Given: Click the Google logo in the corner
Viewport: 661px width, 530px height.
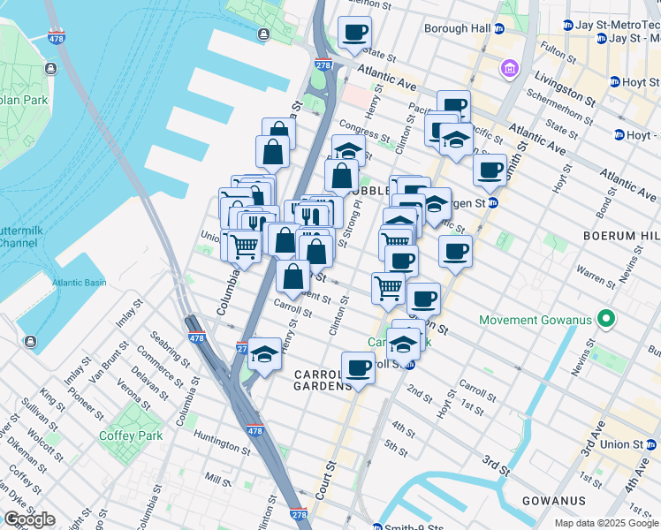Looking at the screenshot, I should [29, 519].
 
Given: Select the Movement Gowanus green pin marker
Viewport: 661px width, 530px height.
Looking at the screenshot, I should [606, 318].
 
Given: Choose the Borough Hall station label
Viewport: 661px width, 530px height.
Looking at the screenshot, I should [457, 28].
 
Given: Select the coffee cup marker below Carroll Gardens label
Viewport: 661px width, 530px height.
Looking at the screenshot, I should [358, 367].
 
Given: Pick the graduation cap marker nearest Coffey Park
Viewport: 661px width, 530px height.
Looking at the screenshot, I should [263, 354].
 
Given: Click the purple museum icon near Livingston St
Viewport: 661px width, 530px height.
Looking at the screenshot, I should [510, 68].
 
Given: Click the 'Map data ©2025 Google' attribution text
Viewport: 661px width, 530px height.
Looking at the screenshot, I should [605, 523].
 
